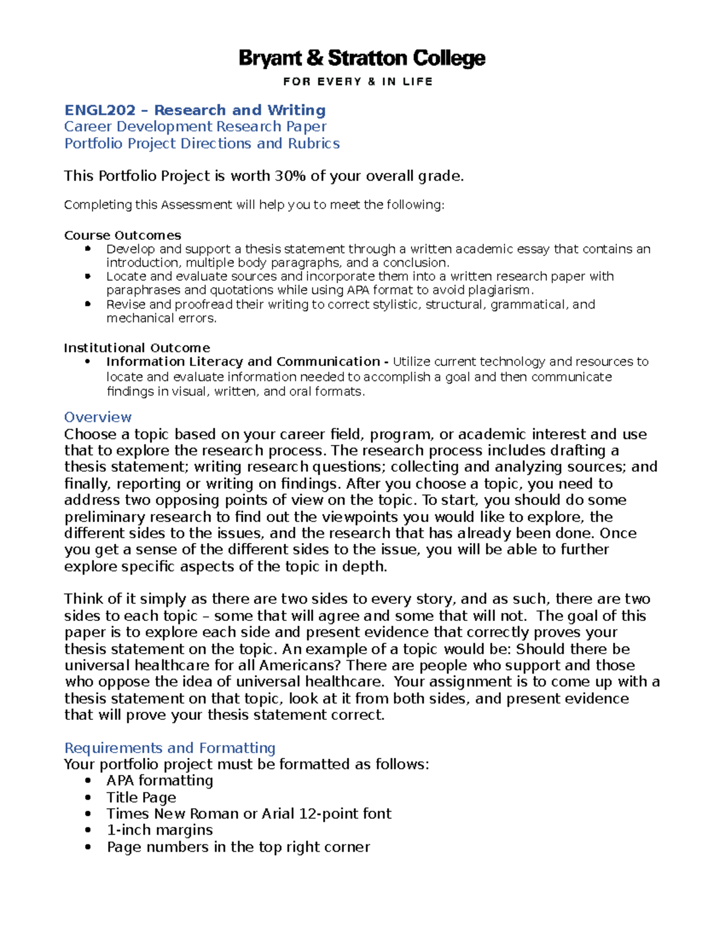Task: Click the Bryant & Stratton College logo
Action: (x=361, y=59)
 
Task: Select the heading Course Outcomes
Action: (x=122, y=235)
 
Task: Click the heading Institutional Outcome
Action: (x=137, y=348)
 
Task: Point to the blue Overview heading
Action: (x=97, y=417)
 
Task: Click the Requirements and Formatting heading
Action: (x=170, y=748)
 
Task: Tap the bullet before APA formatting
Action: (x=88, y=781)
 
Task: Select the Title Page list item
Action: (x=141, y=797)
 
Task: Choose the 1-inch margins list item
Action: (x=159, y=830)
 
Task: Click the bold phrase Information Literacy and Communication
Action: (x=243, y=362)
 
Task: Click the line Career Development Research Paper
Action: (x=195, y=126)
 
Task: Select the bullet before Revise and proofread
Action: (x=88, y=304)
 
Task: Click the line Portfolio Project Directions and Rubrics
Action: (x=202, y=143)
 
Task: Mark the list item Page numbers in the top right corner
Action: (x=238, y=847)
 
